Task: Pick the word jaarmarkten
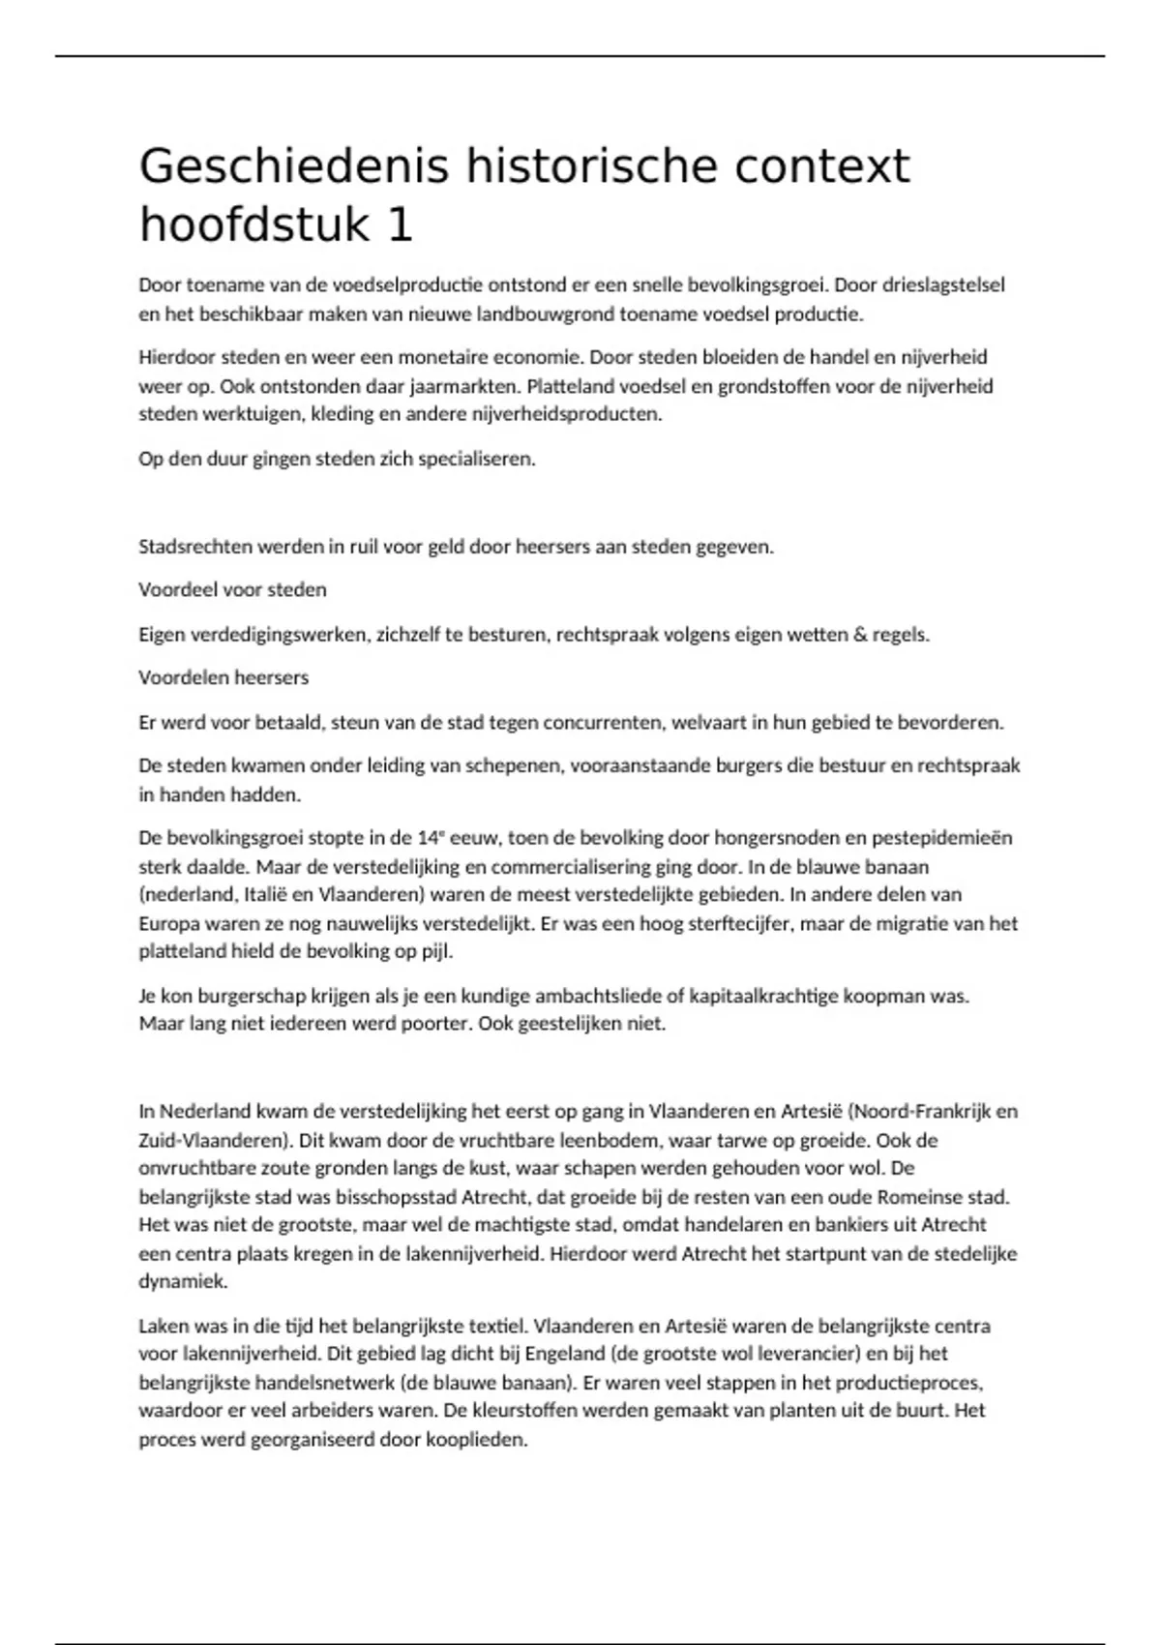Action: (464, 386)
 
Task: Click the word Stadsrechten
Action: (192, 547)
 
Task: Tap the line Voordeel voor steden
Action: (232, 589)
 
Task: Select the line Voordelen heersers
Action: (223, 677)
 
